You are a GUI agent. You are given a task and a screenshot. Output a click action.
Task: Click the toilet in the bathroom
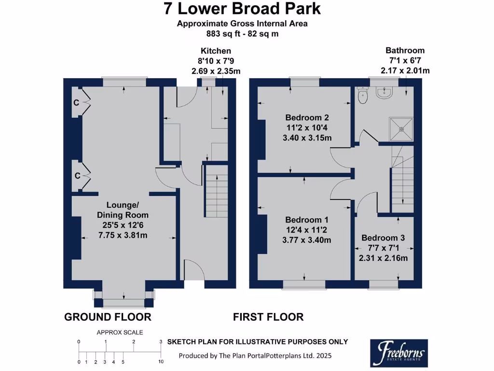(363, 95)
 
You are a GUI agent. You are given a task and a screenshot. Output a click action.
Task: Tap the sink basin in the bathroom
(384, 92)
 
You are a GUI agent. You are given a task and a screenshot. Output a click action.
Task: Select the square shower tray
(401, 129)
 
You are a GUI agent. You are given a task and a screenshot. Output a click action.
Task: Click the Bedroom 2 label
(307, 118)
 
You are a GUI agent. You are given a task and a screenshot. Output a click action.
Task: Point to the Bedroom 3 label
(383, 238)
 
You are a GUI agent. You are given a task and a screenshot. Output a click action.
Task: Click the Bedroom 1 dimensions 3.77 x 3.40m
(306, 240)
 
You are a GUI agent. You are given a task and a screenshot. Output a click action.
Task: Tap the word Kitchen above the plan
(216, 51)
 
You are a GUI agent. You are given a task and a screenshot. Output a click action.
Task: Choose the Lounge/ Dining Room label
(123, 210)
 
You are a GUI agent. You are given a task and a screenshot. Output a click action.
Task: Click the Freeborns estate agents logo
(399, 353)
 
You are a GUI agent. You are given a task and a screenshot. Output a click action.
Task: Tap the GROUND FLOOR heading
(108, 317)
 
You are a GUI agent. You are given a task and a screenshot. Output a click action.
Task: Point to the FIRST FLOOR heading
(268, 317)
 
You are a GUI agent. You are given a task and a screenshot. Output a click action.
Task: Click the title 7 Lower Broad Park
(242, 9)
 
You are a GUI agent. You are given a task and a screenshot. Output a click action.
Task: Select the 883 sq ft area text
(222, 34)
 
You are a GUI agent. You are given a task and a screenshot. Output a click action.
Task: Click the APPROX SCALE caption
(120, 332)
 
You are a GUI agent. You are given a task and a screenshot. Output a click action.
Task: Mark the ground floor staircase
(217, 191)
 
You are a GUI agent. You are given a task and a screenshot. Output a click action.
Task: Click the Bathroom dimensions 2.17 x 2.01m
(405, 71)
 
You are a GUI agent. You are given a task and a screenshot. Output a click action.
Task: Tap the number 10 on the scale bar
(161, 362)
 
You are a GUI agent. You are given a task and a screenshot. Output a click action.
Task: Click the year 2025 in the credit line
(324, 356)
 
